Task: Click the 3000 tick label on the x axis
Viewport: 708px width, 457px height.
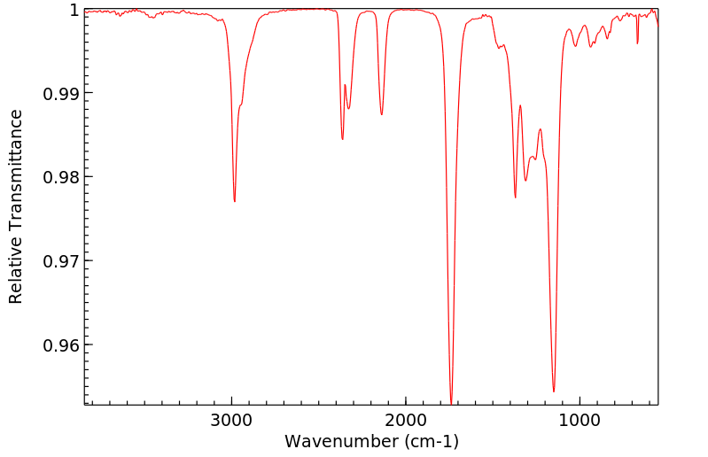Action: coord(231,422)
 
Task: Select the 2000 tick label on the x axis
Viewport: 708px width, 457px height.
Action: coord(406,422)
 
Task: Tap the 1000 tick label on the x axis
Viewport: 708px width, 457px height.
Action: coord(580,422)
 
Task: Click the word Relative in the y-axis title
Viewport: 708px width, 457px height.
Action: coord(16,273)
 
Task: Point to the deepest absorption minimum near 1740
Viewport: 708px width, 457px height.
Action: coord(451,403)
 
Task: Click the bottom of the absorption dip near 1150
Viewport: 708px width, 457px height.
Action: coord(554,391)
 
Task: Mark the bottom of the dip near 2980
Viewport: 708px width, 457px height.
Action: coord(234,202)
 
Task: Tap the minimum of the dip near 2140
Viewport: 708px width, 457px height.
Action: coord(381,114)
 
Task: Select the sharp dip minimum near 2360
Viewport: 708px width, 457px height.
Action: coord(342,139)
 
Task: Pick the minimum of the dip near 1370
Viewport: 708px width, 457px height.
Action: coord(515,198)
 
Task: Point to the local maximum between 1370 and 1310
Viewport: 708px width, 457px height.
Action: coord(520,105)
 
